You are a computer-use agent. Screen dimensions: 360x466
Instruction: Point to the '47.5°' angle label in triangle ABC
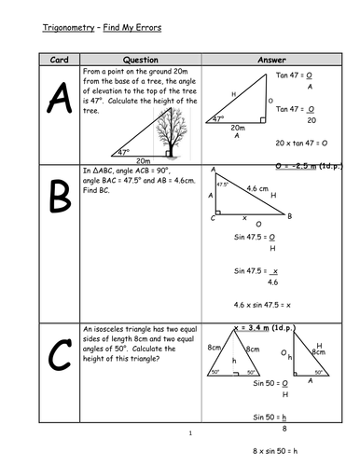tap(222, 185)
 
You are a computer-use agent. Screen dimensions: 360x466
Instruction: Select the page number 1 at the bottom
tap(189, 433)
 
